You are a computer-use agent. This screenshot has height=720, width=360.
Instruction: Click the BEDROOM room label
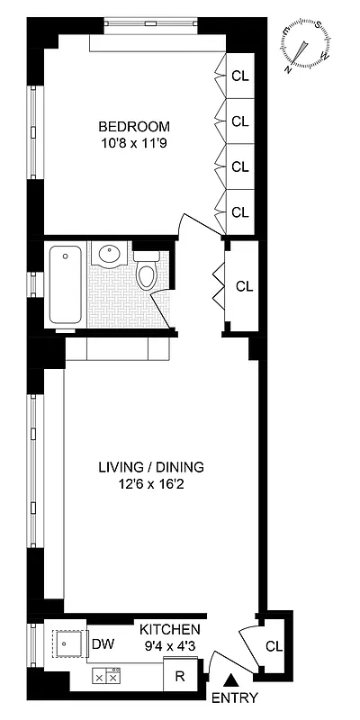[x=134, y=126]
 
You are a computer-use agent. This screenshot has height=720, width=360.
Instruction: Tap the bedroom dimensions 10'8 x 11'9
[x=134, y=142]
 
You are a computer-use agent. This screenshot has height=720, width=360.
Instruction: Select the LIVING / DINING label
[x=151, y=467]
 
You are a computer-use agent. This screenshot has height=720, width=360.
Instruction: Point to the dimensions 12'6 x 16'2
[x=151, y=484]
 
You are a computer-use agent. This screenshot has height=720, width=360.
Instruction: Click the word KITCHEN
[x=168, y=629]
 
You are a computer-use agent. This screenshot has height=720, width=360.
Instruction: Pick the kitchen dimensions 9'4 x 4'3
[x=168, y=644]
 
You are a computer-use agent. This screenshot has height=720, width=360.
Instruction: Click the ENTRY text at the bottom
[x=235, y=698]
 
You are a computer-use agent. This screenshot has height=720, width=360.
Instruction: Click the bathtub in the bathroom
[x=65, y=283]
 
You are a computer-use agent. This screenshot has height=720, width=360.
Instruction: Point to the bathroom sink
[x=111, y=256]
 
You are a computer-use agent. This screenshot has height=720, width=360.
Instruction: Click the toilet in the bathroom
[x=146, y=273]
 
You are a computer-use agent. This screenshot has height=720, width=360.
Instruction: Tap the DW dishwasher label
[x=103, y=644]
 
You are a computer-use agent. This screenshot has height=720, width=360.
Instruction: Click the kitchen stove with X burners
[x=106, y=676]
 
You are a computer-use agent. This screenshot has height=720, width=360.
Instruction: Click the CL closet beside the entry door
[x=274, y=645]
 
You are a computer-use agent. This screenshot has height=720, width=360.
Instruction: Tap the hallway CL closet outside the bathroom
[x=244, y=286]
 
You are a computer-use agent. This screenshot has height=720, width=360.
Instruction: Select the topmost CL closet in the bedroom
[x=239, y=76]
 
